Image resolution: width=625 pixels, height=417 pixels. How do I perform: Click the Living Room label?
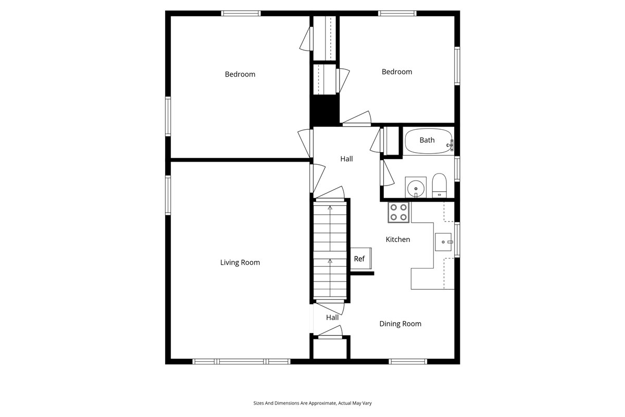(x=240, y=263)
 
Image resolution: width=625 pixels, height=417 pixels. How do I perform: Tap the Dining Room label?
(x=400, y=324)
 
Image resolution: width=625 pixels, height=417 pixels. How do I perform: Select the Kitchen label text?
(x=397, y=240)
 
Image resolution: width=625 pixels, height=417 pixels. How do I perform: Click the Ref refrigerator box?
(x=359, y=259)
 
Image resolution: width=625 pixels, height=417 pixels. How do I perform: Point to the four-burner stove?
(x=399, y=213)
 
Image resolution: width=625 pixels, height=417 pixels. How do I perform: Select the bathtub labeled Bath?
(x=428, y=141)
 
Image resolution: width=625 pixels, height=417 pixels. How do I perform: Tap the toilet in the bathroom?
(x=439, y=186)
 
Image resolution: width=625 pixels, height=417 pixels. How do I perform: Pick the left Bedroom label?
(x=240, y=75)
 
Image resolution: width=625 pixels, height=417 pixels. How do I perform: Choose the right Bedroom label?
(x=396, y=72)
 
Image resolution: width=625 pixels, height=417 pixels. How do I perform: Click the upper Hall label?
(x=346, y=159)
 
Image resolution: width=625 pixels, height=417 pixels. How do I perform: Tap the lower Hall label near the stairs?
(x=332, y=317)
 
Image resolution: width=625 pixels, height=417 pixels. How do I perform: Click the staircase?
(x=330, y=250)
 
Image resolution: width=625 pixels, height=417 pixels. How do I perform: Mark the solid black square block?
(x=324, y=110)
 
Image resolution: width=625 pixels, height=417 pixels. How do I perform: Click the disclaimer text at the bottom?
(x=312, y=403)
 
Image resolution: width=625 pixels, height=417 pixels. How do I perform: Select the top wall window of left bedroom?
(x=241, y=14)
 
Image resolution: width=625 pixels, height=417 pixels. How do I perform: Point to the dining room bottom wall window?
(x=408, y=361)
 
